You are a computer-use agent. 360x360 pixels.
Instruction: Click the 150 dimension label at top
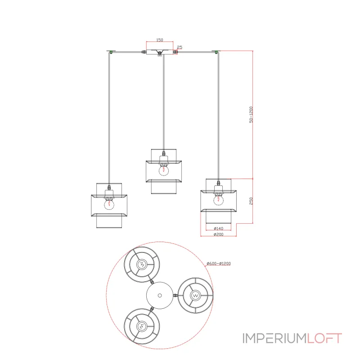coord(160,40)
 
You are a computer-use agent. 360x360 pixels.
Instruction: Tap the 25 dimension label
coord(180,47)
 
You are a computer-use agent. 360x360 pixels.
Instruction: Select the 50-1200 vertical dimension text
coord(251,115)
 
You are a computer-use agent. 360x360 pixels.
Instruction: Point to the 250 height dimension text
coord(251,201)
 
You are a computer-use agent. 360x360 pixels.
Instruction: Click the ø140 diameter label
coord(218,229)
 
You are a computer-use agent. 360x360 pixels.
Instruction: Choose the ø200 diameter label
coord(218,234)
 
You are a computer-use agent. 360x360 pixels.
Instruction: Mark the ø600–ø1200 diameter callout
coord(219,264)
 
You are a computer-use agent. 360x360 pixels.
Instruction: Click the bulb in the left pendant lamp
coord(109,204)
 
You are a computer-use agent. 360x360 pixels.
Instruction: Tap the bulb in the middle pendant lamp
coord(164,170)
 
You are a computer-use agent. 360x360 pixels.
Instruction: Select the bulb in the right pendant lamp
coord(218,200)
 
